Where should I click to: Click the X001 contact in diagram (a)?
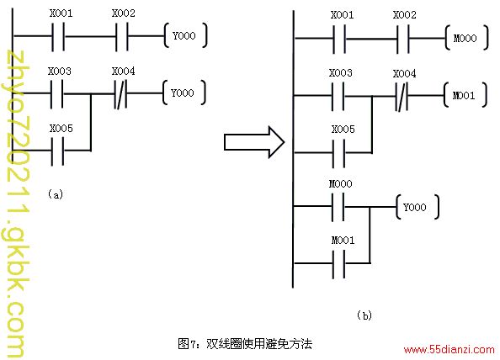click(x=58, y=36)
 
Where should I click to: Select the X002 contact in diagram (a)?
click(x=121, y=36)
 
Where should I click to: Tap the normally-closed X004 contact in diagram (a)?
click(x=120, y=93)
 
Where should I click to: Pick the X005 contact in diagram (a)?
click(x=58, y=151)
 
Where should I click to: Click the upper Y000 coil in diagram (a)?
click(x=185, y=35)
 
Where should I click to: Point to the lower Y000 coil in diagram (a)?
click(x=184, y=93)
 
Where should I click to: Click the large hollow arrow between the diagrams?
click(x=254, y=142)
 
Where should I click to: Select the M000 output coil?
click(x=466, y=38)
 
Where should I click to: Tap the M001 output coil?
click(x=465, y=95)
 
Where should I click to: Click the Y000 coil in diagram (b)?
click(x=418, y=207)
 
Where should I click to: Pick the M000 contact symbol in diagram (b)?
click(x=338, y=207)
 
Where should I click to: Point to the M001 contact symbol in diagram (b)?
click(x=338, y=264)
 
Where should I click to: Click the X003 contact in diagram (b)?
click(x=338, y=96)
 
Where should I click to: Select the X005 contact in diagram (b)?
click(x=338, y=153)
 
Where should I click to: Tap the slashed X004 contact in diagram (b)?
click(x=402, y=96)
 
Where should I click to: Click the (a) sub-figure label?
click(x=56, y=194)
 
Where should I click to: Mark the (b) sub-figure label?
click(x=364, y=315)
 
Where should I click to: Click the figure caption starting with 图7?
click(x=245, y=344)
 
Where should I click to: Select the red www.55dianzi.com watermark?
click(x=449, y=350)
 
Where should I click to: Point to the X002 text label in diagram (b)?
click(x=405, y=15)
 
